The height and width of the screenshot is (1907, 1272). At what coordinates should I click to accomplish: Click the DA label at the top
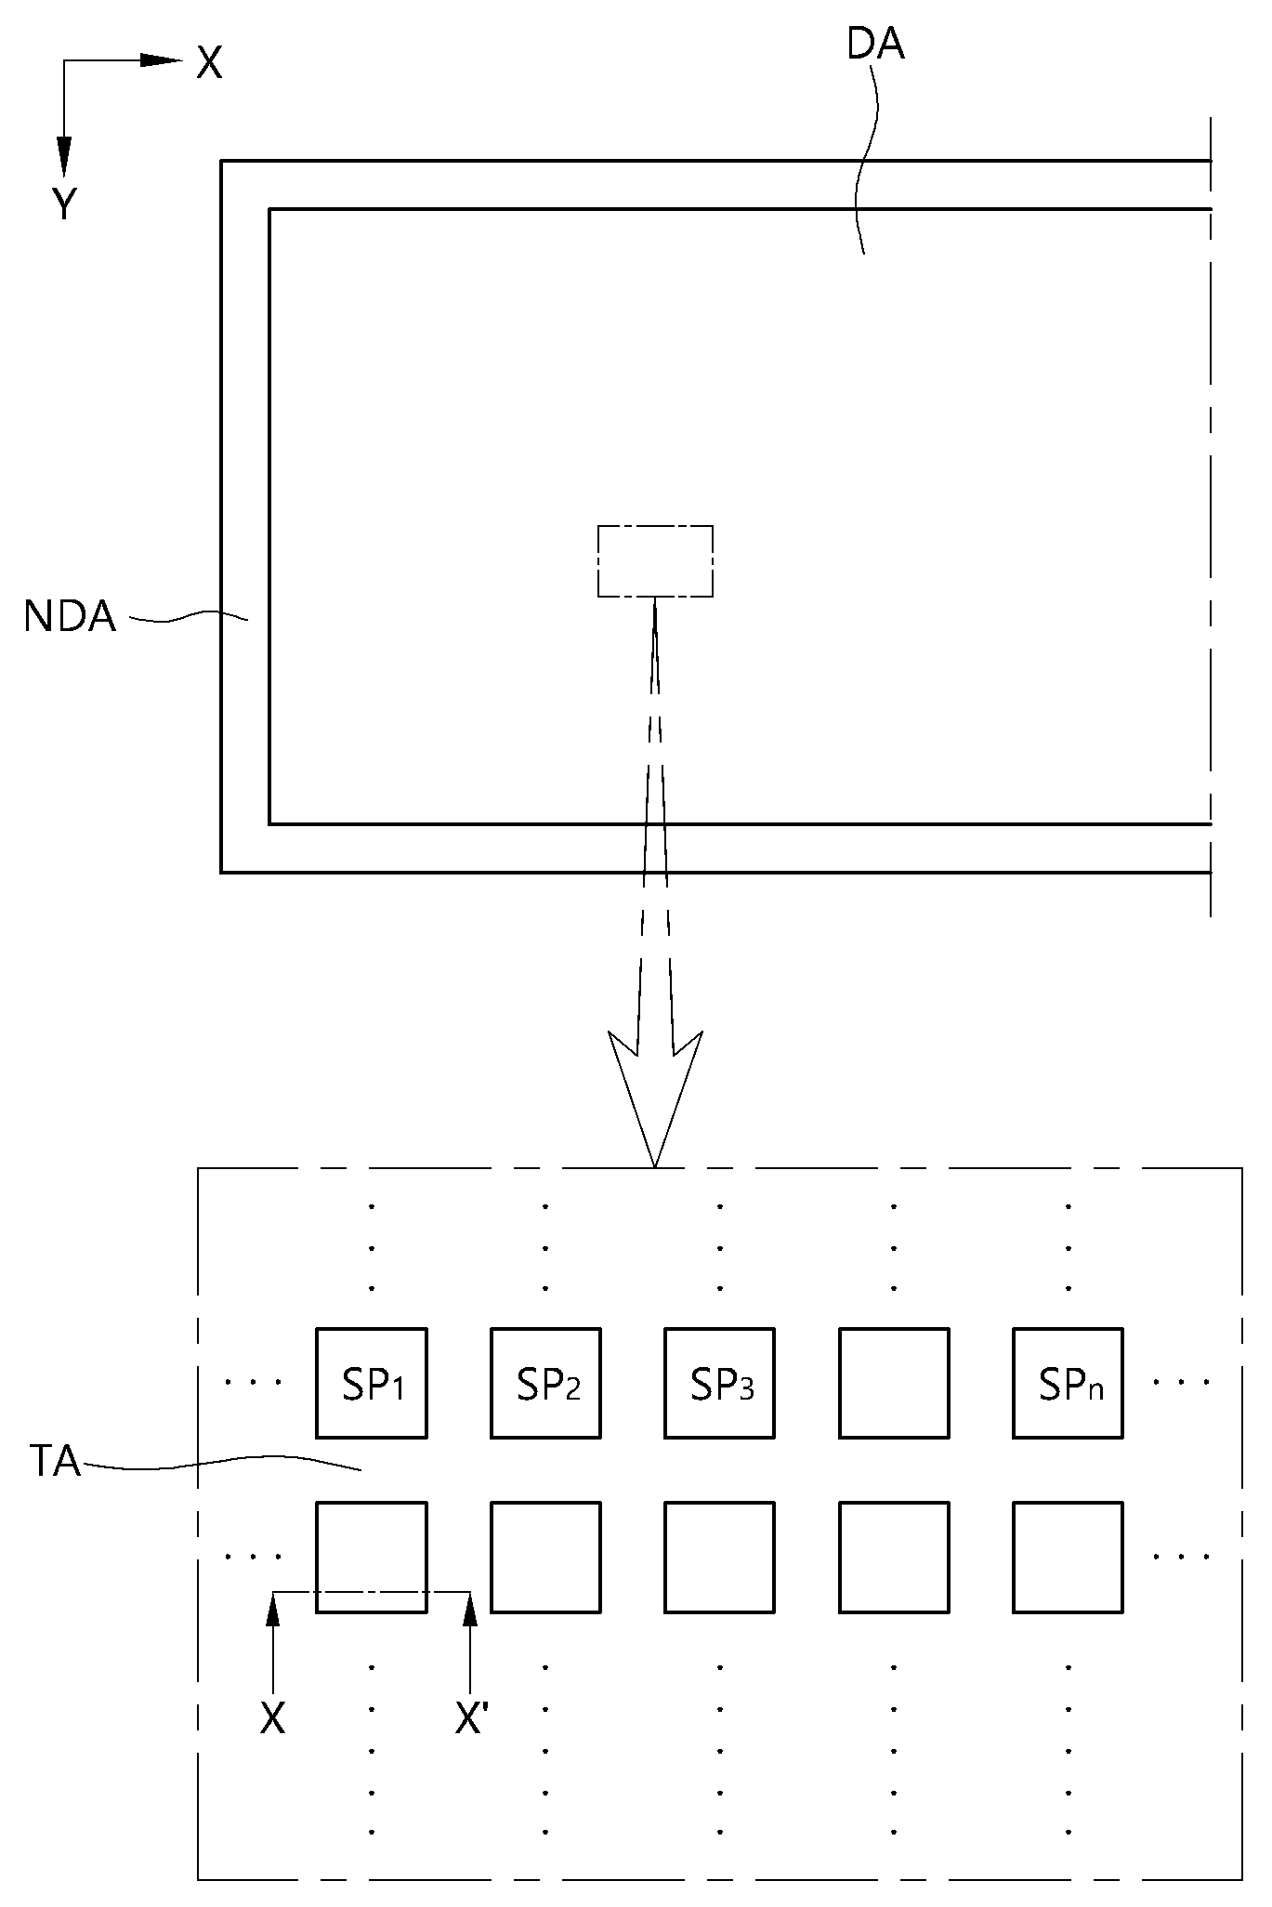(x=875, y=45)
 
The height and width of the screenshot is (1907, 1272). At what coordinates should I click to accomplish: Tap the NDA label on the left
(x=70, y=616)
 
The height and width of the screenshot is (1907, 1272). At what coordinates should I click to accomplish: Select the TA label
(x=55, y=1461)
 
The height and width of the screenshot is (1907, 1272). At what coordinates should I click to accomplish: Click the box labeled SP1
(x=372, y=1383)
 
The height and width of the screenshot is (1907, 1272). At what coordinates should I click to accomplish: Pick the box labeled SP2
(x=545, y=1383)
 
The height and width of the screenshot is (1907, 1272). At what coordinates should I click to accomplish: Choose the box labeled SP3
(x=719, y=1383)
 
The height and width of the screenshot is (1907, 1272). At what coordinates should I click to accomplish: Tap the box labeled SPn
(x=1068, y=1383)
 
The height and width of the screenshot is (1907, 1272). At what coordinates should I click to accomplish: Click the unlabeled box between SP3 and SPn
(x=894, y=1383)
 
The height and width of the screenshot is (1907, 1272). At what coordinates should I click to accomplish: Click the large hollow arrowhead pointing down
(x=655, y=1097)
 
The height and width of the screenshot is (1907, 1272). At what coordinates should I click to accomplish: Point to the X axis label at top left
(x=210, y=63)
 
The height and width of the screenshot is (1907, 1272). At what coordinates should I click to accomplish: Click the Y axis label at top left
(x=64, y=204)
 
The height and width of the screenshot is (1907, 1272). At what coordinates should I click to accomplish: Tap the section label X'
(x=472, y=1719)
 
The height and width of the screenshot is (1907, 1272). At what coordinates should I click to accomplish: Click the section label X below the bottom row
(x=272, y=1719)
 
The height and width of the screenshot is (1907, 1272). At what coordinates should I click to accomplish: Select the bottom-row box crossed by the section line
(x=372, y=1557)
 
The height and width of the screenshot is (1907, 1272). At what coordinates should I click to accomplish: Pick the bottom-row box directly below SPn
(x=1068, y=1557)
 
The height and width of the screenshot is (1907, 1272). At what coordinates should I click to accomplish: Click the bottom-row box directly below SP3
(x=719, y=1557)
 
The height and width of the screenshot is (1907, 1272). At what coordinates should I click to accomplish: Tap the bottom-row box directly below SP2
(x=545, y=1557)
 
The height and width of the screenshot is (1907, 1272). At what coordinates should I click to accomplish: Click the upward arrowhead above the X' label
(x=470, y=1610)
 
